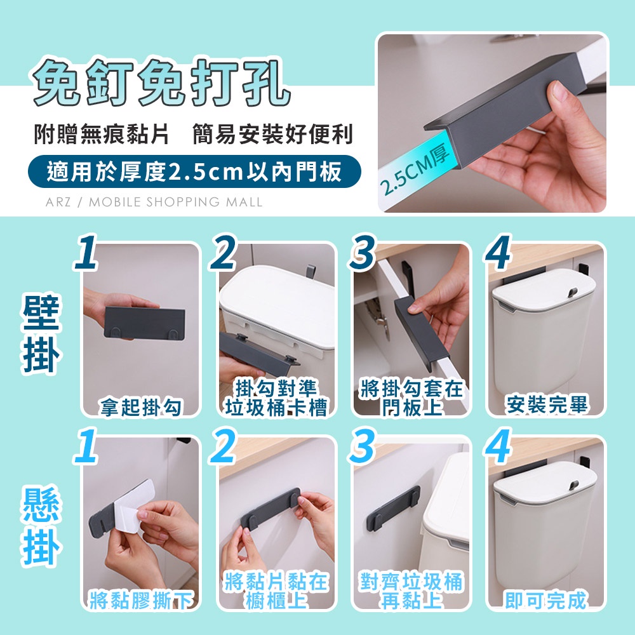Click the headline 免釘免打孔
pyautogui.click(x=161, y=84)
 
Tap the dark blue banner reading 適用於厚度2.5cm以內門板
pyautogui.click(x=194, y=171)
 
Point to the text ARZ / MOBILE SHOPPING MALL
pyautogui.click(x=154, y=202)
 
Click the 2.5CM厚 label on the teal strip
pyautogui.click(x=415, y=170)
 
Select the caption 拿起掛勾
pyautogui.click(x=142, y=406)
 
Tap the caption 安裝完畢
pyautogui.click(x=547, y=404)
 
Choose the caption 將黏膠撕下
pyautogui.click(x=142, y=600)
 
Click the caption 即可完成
pyautogui.click(x=546, y=600)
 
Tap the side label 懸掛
pyautogui.click(x=41, y=526)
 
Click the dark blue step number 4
pyautogui.click(x=498, y=252)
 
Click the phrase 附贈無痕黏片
pyautogui.click(x=102, y=135)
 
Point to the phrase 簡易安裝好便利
pyautogui.click(x=273, y=135)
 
